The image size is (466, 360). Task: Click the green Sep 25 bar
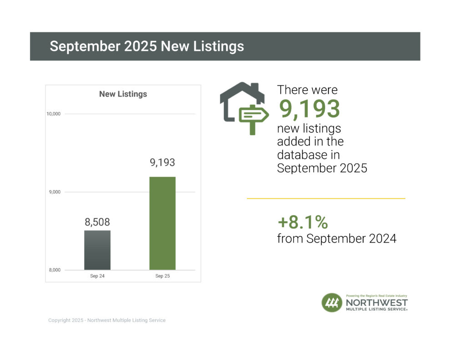pyautogui.click(x=162, y=223)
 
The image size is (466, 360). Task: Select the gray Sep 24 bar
pyautogui.click(x=97, y=250)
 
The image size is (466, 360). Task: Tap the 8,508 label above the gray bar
pyautogui.click(x=97, y=223)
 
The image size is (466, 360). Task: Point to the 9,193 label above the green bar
pyautogui.click(x=162, y=162)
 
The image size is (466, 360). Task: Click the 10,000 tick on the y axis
pyautogui.click(x=54, y=114)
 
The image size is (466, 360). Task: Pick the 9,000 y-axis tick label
pyautogui.click(x=55, y=192)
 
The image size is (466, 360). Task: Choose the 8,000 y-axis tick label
pyautogui.click(x=55, y=270)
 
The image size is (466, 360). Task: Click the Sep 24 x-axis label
pyautogui.click(x=97, y=276)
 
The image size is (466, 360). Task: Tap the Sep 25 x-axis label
pyautogui.click(x=162, y=276)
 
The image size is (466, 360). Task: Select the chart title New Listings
pyautogui.click(x=123, y=94)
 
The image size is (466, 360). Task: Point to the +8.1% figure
pyautogui.click(x=303, y=223)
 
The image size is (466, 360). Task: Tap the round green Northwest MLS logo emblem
pyautogui.click(x=332, y=303)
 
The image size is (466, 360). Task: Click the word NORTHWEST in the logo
pyautogui.click(x=377, y=302)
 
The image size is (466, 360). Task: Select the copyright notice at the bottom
pyautogui.click(x=107, y=320)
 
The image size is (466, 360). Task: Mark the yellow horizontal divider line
pyautogui.click(x=326, y=198)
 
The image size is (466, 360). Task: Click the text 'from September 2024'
pyautogui.click(x=336, y=238)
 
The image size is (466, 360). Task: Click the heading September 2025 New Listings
pyautogui.click(x=147, y=46)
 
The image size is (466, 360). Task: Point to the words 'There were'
pyautogui.click(x=307, y=90)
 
